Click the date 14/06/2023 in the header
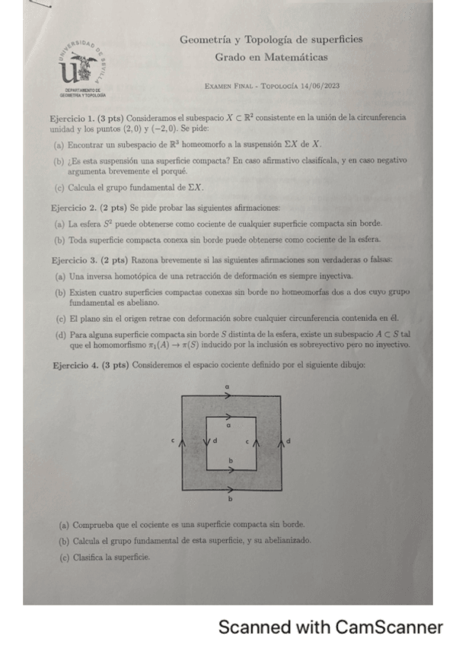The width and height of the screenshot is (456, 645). [x=320, y=86]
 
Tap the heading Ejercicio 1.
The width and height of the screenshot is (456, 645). [x=72, y=119]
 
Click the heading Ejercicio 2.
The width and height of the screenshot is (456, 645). [x=72, y=208]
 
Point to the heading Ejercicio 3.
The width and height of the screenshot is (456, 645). [x=72, y=260]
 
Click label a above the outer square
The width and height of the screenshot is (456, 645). [x=229, y=388]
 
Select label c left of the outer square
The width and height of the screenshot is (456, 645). [x=173, y=441]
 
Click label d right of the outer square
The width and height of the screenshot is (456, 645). [x=289, y=441]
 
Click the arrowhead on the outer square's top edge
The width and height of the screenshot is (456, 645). [x=229, y=396]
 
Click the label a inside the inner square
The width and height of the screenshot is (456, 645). [x=229, y=427]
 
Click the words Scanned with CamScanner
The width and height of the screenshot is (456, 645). [x=330, y=628]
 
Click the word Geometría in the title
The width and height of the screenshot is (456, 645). [x=206, y=40]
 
